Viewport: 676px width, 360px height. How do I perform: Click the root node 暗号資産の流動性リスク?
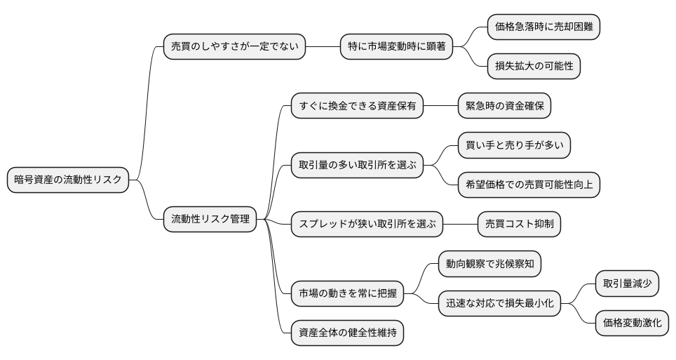click(68, 180)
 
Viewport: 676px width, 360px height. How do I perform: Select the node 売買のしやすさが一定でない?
click(234, 47)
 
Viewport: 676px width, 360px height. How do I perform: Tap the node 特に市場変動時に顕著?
click(396, 47)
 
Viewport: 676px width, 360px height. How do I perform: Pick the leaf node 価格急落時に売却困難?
click(544, 27)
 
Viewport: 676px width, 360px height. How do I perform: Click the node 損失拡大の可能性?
click(534, 67)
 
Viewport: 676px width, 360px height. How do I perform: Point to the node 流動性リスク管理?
click(210, 220)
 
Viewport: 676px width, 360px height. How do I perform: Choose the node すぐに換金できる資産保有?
click(358, 107)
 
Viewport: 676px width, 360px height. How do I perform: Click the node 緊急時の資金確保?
click(504, 107)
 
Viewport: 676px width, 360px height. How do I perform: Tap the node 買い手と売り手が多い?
click(514, 146)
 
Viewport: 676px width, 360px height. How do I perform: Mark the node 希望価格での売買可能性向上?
click(529, 185)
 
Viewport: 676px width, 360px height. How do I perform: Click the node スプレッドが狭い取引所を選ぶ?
click(367, 225)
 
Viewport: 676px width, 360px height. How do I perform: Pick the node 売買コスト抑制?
click(519, 225)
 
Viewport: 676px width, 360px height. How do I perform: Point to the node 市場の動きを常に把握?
click(348, 293)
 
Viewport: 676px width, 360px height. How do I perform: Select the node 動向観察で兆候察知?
click(489, 264)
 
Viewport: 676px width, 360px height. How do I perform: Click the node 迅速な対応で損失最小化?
click(499, 303)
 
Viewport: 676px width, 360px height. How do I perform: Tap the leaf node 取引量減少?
click(627, 284)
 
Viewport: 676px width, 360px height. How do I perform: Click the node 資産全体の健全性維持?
click(348, 333)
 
